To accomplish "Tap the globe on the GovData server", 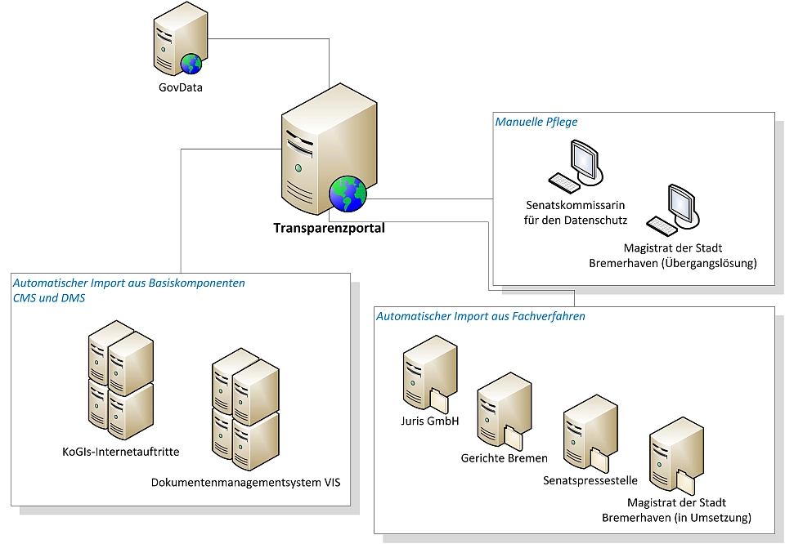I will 192,64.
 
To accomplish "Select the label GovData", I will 181,87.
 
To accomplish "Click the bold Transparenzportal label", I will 329,229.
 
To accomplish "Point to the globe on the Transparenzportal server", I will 348,194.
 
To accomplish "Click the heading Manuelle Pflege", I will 536,123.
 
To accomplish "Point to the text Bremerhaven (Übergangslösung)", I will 673,263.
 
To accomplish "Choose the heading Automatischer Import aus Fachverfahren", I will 480,316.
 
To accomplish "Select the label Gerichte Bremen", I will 505,457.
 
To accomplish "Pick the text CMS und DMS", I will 49,298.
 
